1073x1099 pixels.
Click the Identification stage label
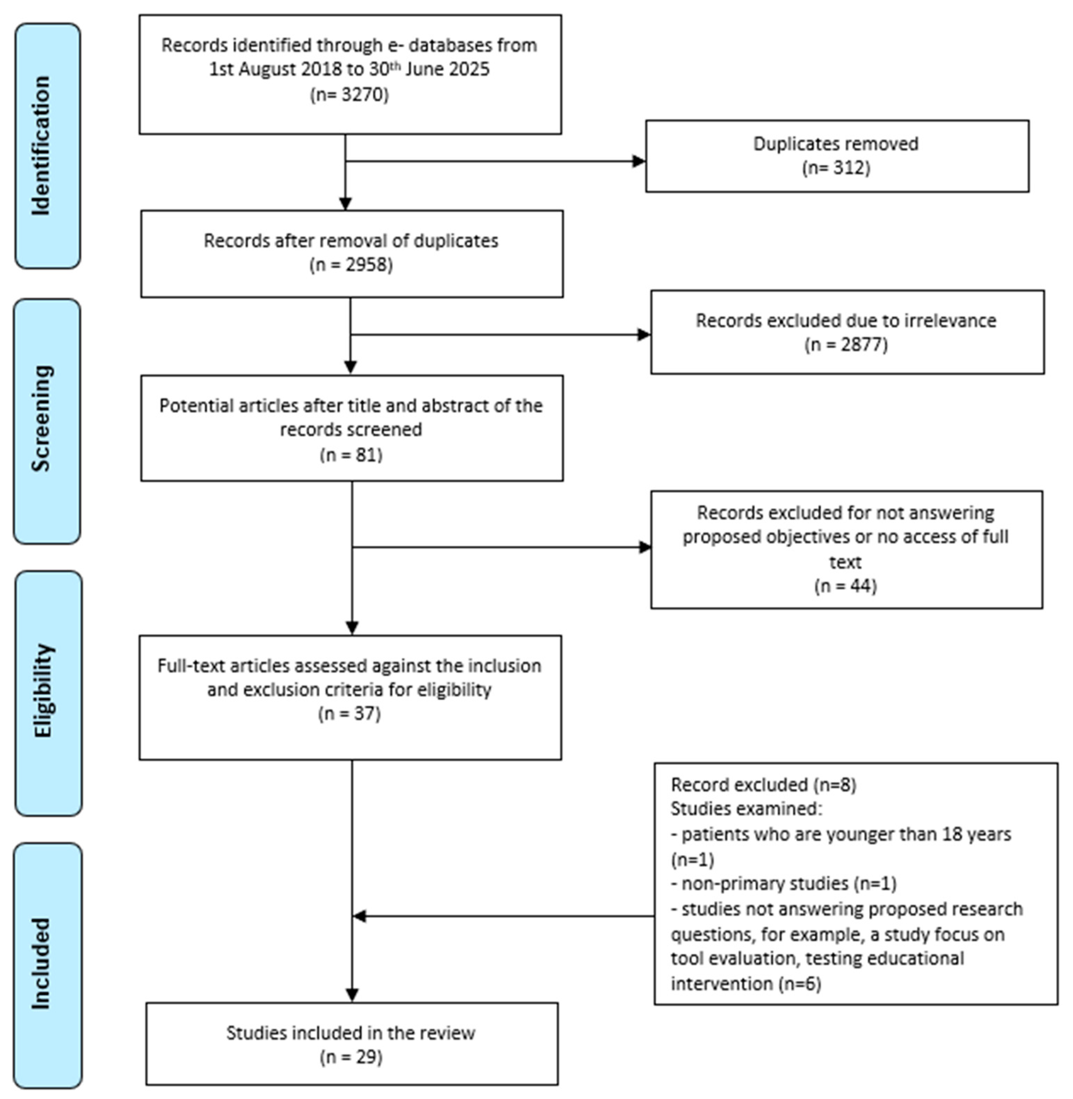(x=41, y=146)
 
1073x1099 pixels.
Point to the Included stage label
(x=41, y=964)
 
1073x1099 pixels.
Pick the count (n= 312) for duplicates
(x=836, y=168)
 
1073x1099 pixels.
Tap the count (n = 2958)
(x=351, y=265)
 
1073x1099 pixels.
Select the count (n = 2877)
(x=846, y=344)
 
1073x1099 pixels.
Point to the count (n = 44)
(x=845, y=586)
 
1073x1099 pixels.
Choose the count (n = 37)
(x=349, y=713)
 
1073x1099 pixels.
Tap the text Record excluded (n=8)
(x=763, y=785)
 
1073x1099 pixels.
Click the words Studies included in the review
(x=351, y=1033)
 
